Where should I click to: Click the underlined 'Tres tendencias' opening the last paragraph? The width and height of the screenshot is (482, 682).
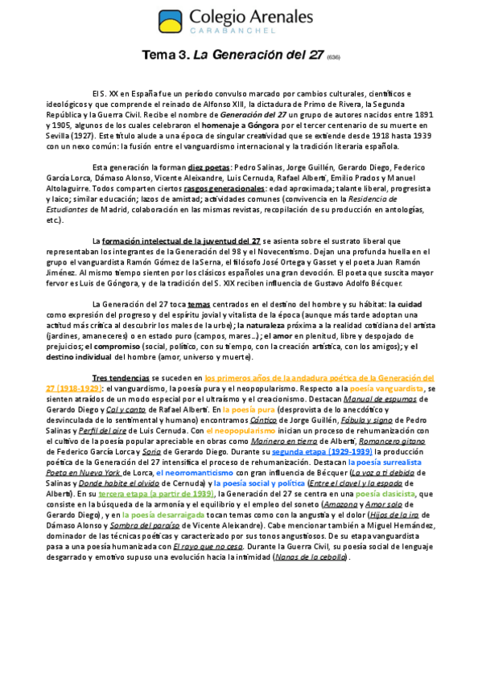[121, 376]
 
